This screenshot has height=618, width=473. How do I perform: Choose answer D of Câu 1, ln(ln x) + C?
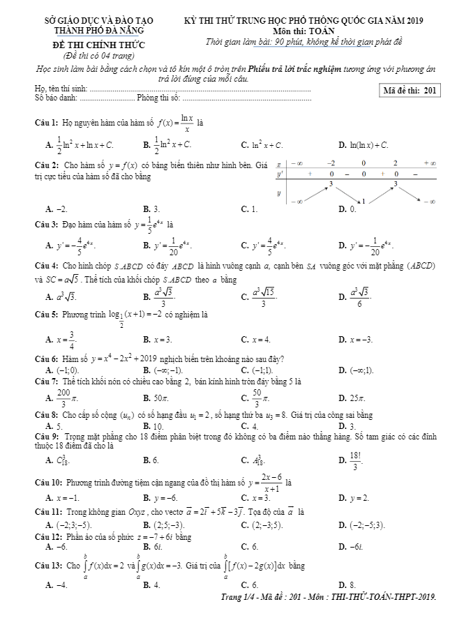click(364, 145)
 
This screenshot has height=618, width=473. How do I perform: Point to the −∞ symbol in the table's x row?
click(296, 162)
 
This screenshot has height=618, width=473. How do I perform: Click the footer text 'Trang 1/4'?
click(239, 597)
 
